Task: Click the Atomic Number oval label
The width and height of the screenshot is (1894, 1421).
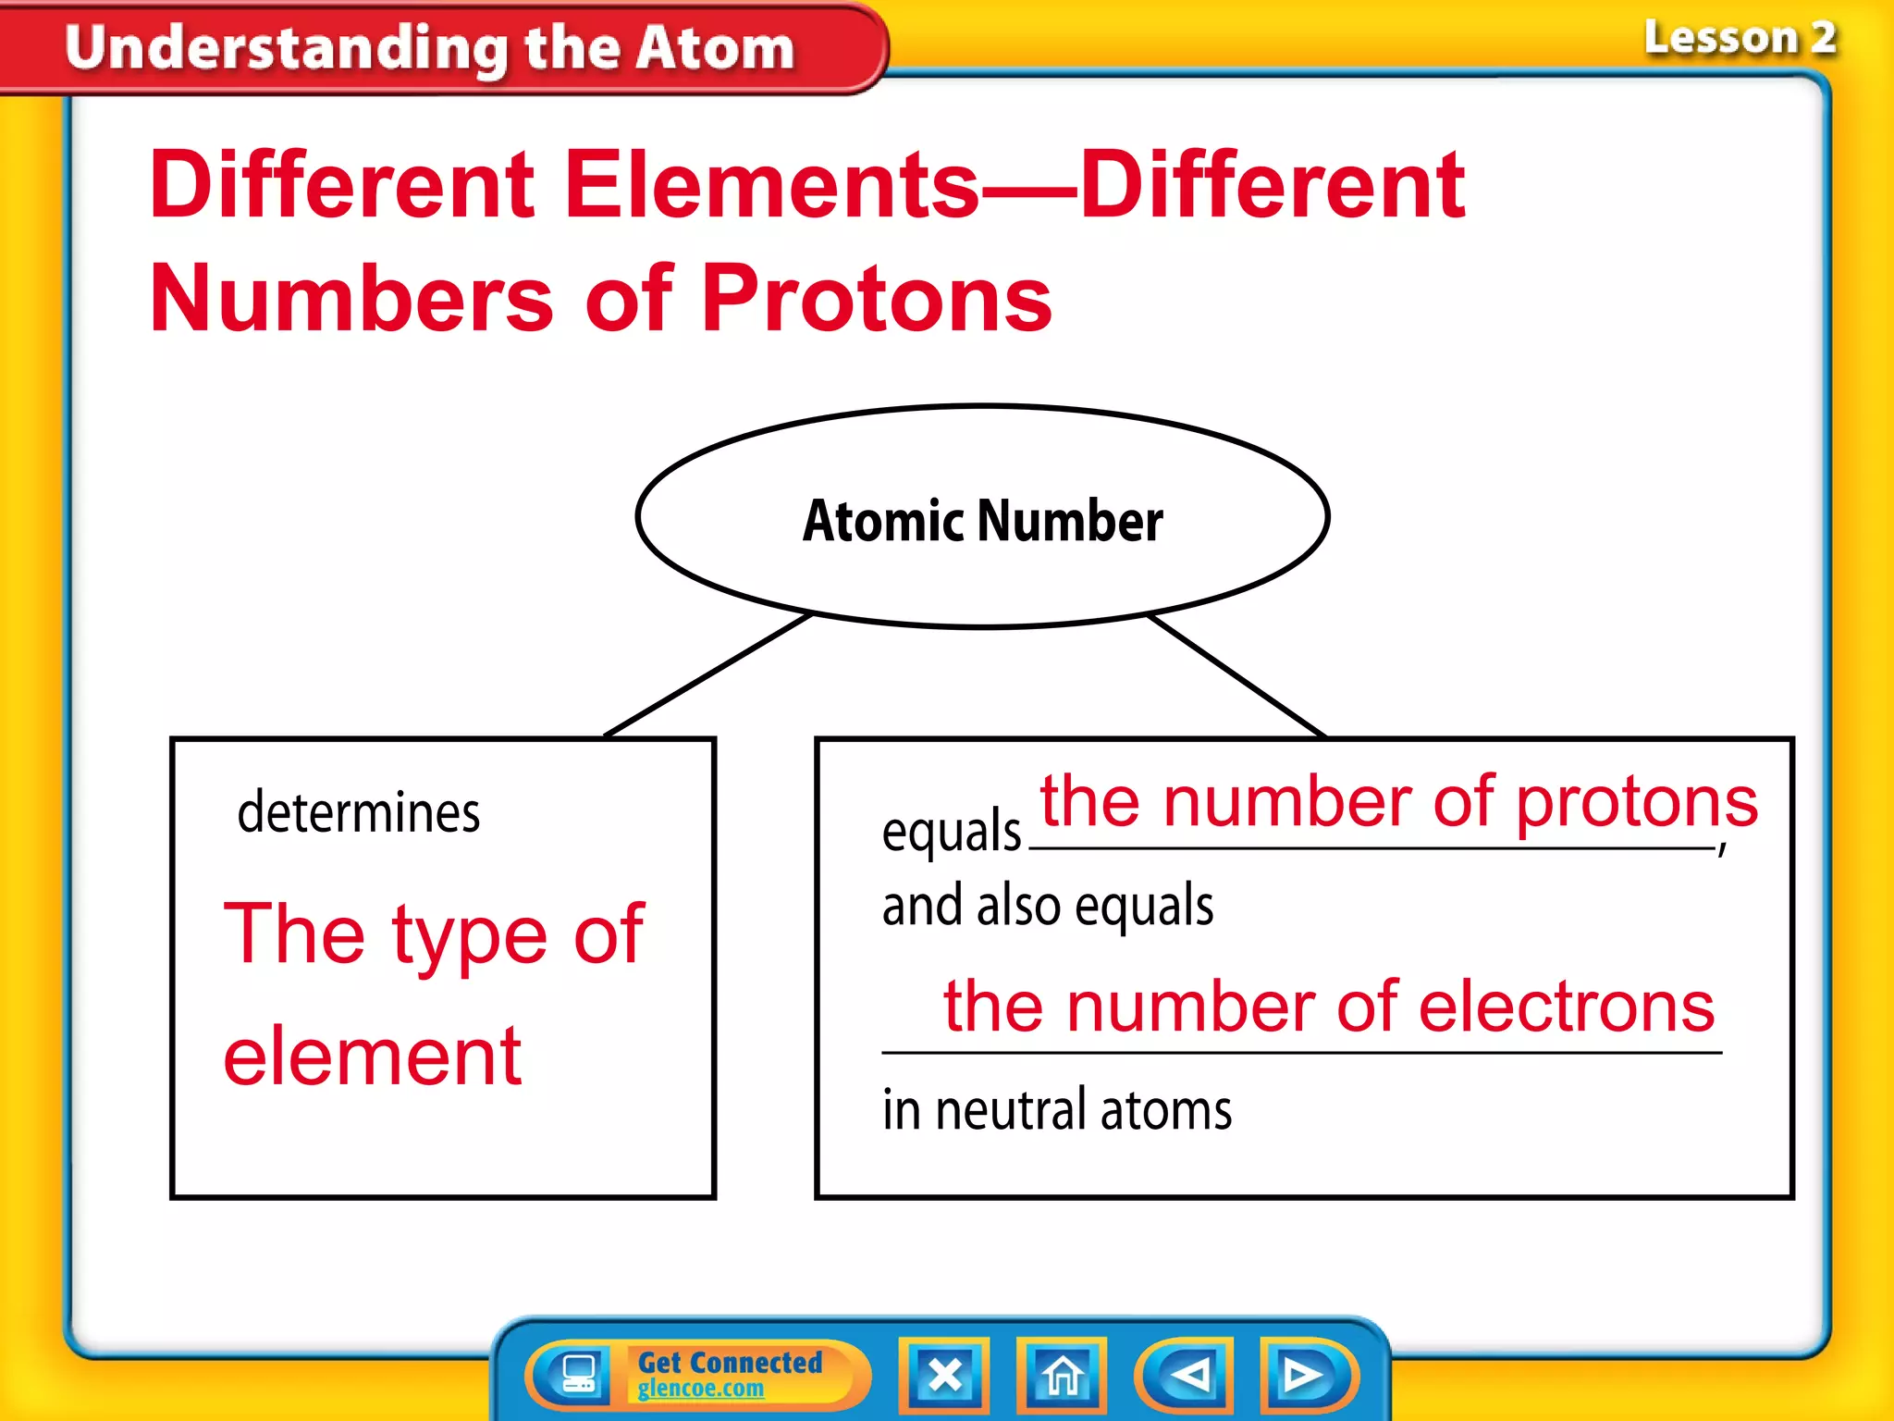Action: [982, 521]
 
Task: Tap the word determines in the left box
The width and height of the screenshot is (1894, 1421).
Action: [359, 813]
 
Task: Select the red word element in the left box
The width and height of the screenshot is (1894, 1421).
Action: [373, 1056]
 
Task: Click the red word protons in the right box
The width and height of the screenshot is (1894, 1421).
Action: [1636, 801]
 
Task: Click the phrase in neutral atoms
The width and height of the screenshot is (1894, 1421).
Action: [1057, 1109]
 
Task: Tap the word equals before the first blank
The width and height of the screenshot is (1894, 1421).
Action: [951, 830]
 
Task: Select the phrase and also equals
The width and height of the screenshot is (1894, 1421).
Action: [1048, 905]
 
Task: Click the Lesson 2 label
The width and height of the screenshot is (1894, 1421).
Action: [1740, 39]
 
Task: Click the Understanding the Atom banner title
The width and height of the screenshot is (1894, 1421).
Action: [430, 48]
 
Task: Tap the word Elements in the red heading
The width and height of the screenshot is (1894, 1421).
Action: [771, 185]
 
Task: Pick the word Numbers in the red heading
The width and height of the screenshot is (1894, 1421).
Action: [351, 298]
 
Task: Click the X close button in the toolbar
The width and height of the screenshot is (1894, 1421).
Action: [944, 1375]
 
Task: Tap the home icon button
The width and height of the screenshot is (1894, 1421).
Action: [1062, 1375]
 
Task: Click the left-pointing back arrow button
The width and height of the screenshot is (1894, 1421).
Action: [1189, 1375]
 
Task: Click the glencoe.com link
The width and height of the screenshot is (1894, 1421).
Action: [701, 1389]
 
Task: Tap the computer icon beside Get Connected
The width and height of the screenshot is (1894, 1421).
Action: [579, 1374]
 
